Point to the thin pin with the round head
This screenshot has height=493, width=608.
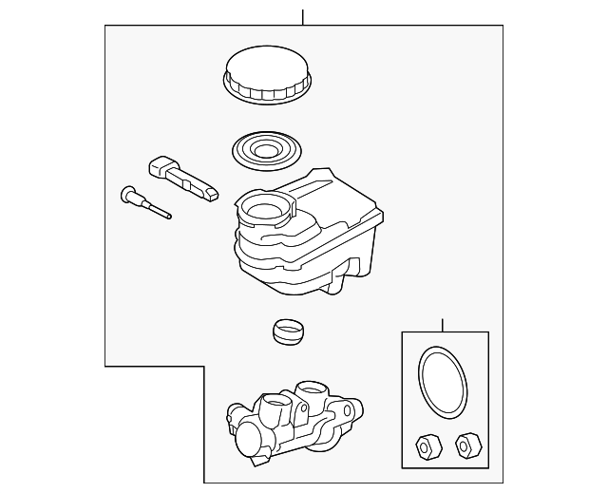[x=145, y=203]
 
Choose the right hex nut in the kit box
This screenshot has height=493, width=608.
[x=465, y=444]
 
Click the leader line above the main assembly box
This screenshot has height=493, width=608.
[x=302, y=16]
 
